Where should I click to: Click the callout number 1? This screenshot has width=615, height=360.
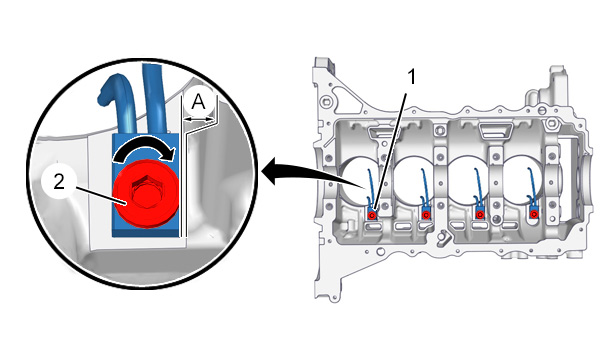click(x=411, y=77)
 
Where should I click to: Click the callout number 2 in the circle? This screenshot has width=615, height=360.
click(x=59, y=182)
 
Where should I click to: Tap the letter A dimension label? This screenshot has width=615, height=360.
click(x=198, y=102)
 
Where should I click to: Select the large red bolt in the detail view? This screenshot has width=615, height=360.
click(x=146, y=194)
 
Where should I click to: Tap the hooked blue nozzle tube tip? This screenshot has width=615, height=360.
click(x=104, y=98)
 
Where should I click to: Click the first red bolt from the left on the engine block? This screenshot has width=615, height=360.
click(x=372, y=215)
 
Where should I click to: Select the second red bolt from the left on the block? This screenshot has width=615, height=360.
click(x=426, y=215)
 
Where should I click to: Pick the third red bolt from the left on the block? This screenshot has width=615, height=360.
click(x=480, y=215)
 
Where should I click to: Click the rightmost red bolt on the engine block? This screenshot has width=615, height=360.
click(x=533, y=214)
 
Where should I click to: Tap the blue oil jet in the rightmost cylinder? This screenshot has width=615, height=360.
click(x=531, y=188)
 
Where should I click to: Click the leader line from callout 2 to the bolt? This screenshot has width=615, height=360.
click(x=100, y=196)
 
